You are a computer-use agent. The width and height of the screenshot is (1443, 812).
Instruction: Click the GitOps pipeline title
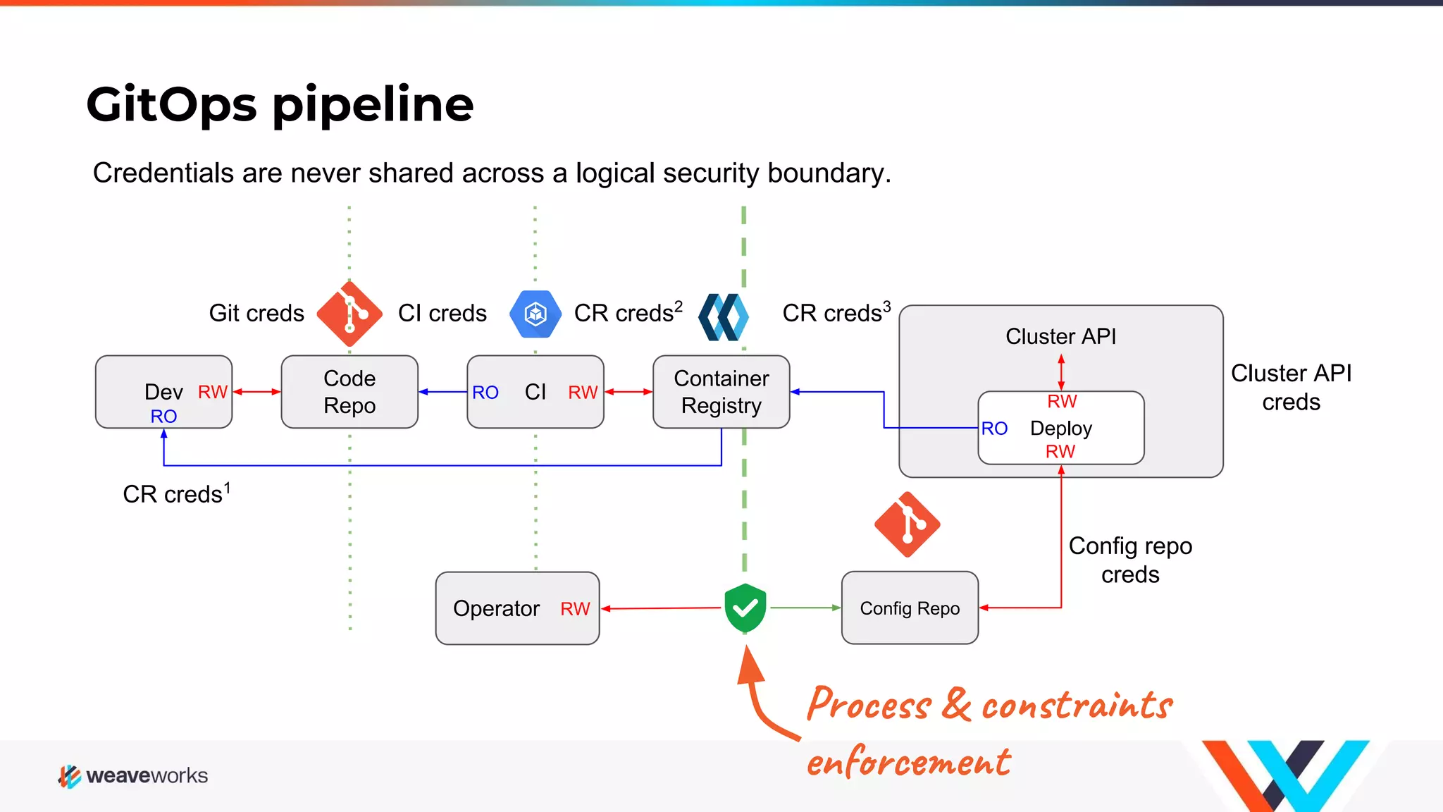[280, 104]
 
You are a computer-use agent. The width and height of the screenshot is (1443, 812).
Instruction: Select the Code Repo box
[349, 392]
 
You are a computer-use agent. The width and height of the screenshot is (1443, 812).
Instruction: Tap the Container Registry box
[721, 392]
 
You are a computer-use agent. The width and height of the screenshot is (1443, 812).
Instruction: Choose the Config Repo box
[910, 608]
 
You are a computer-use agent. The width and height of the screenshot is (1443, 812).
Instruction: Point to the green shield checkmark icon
[745, 608]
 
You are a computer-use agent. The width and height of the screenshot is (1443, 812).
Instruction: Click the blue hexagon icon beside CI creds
[535, 314]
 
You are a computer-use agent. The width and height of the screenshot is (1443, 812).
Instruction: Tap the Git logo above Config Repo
[908, 524]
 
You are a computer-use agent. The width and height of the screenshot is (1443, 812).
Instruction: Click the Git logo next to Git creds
[349, 314]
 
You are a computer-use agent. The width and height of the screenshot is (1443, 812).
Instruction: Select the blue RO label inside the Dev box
[163, 417]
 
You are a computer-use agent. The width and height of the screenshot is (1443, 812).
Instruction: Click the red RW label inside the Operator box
[575, 609]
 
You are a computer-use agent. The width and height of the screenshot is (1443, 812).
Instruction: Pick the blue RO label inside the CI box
[485, 393]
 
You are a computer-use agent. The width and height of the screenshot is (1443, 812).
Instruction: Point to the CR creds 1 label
[176, 493]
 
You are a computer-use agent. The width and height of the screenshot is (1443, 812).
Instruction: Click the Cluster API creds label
[1291, 387]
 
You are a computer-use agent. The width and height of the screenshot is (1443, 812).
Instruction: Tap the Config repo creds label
[1130, 560]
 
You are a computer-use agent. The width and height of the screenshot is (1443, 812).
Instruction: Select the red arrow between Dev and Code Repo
[256, 392]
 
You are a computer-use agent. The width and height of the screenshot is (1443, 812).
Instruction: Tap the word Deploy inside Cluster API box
[1060, 429]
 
